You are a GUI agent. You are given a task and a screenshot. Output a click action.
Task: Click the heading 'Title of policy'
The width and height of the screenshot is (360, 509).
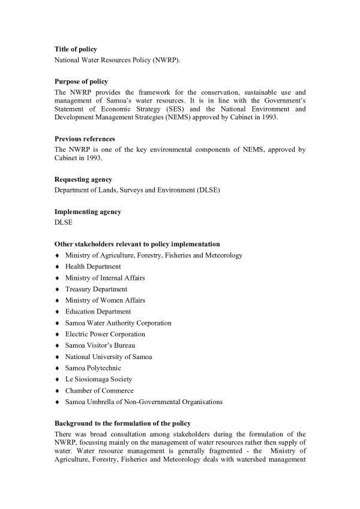point(76,49)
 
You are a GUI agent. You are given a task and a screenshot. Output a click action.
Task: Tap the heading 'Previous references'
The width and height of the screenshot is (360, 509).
point(85,139)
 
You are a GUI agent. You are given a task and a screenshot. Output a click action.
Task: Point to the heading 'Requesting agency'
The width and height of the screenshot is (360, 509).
point(83,179)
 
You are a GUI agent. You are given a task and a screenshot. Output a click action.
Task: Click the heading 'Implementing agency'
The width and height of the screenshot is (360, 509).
point(88,212)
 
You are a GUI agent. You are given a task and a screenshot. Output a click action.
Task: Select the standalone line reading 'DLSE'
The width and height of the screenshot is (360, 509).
point(63,222)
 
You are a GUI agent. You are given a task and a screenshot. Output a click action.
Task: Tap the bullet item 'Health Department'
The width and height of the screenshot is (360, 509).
point(93,267)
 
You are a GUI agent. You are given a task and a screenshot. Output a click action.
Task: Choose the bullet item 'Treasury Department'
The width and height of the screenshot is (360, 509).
point(96,289)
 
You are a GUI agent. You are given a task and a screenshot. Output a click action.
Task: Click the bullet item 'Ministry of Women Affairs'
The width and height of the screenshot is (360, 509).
point(105,300)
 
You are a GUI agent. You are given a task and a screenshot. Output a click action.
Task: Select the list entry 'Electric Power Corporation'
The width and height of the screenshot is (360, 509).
point(105,334)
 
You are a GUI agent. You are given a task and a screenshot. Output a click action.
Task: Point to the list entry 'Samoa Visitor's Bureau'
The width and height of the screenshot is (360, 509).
point(100,345)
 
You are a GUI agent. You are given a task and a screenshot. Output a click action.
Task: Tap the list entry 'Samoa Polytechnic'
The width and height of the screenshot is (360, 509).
point(93,368)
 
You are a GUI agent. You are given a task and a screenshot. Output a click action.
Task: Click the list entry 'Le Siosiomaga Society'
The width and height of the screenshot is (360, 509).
point(99,380)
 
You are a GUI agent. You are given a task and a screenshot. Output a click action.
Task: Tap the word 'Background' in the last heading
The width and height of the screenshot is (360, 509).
point(75,423)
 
